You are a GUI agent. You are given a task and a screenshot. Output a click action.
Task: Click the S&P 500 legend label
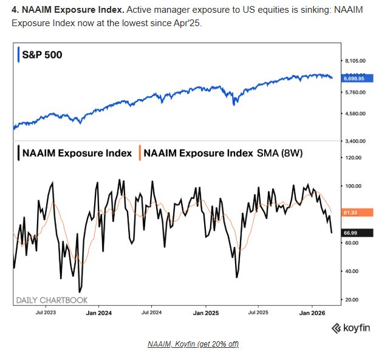(x=42, y=55)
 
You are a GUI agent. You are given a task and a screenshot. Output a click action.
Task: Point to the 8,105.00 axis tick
(x=355, y=60)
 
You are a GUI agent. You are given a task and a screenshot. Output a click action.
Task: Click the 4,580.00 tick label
(x=355, y=113)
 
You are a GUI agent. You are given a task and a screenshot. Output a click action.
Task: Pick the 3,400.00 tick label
(x=355, y=140)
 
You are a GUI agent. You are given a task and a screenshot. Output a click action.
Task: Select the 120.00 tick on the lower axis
(x=353, y=157)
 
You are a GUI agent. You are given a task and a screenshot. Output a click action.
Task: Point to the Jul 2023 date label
(x=47, y=313)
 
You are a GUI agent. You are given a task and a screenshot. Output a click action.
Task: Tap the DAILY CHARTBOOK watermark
(x=51, y=300)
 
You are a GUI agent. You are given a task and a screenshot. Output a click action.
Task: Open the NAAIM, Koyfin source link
(x=193, y=344)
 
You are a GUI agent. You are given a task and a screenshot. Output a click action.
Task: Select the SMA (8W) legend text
(x=278, y=153)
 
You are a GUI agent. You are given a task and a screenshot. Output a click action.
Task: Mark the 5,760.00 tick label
(x=355, y=92)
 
